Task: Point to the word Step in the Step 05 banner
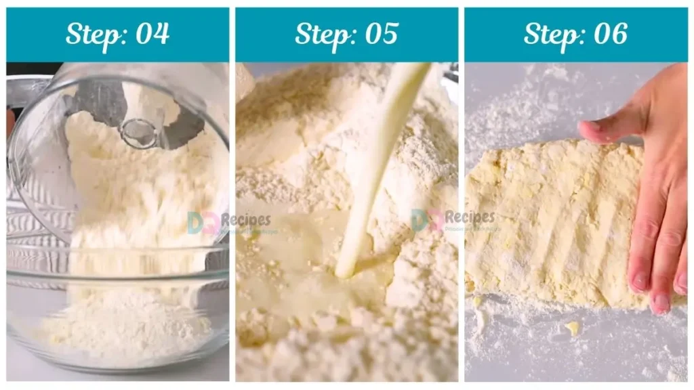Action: tap(320, 34)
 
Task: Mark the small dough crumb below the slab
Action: tap(573, 328)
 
